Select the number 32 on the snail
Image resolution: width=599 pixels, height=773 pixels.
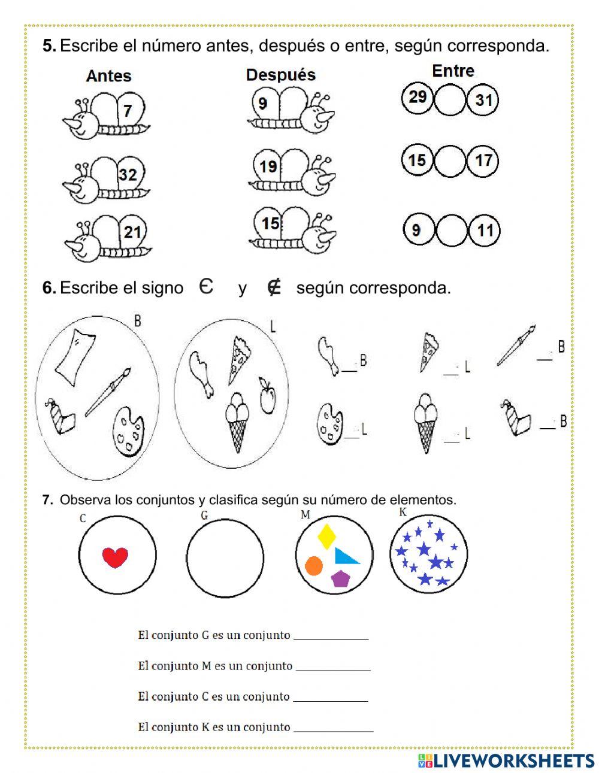pyautogui.click(x=128, y=174)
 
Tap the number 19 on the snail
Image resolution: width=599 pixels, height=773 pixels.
pyautogui.click(x=268, y=166)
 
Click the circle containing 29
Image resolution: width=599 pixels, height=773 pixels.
pyautogui.click(x=417, y=97)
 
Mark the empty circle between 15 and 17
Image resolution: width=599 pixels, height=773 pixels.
pyautogui.click(x=450, y=161)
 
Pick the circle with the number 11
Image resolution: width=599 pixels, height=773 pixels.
pyautogui.click(x=485, y=231)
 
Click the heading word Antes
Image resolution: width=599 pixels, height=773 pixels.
pyautogui.click(x=108, y=76)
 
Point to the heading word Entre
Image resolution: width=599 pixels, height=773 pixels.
pyautogui.click(x=453, y=71)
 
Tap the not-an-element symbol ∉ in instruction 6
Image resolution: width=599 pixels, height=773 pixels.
pyautogui.click(x=274, y=288)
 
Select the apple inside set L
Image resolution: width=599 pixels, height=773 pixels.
pyautogui.click(x=267, y=396)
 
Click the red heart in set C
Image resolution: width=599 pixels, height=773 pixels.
pyautogui.click(x=115, y=557)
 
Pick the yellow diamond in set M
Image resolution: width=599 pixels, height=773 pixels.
pyautogui.click(x=326, y=536)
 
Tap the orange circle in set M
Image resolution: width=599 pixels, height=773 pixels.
pyautogui.click(x=314, y=565)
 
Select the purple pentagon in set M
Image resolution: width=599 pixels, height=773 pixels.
pyautogui.click(x=340, y=578)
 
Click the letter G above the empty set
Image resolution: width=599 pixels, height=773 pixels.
pyautogui.click(x=204, y=515)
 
